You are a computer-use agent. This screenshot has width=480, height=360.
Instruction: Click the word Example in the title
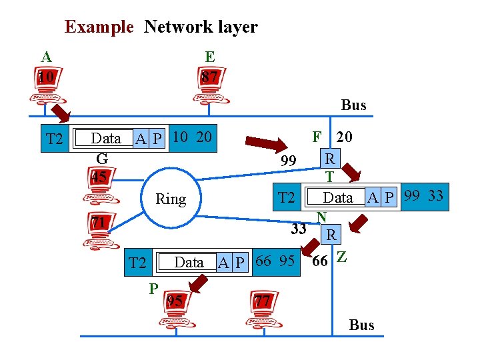tap(99, 27)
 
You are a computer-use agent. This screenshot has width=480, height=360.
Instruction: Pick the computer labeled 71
tap(100, 231)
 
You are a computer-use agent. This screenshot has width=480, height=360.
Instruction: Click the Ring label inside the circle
tap(170, 199)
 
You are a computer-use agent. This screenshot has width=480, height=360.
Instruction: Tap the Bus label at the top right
tap(353, 105)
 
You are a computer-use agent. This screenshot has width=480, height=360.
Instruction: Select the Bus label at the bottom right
tap(361, 325)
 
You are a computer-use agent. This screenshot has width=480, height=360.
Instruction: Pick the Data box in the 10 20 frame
tap(105, 139)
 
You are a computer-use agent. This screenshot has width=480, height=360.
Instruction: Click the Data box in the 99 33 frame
tap(337, 197)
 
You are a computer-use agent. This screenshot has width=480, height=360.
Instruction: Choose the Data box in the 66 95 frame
tap(188, 263)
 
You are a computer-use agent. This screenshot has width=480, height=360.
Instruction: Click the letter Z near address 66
tap(341, 257)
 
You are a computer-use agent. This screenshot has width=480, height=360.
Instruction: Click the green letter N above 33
tap(321, 217)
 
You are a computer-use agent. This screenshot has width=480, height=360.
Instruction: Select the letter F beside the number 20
tap(317, 137)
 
